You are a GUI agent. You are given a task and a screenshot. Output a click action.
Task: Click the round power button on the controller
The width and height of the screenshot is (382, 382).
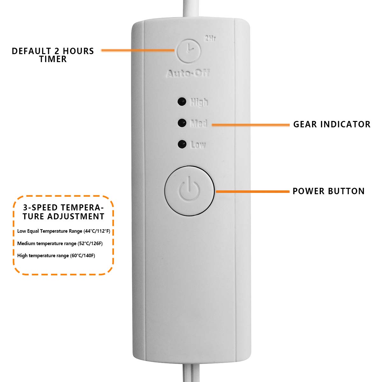click(x=189, y=190)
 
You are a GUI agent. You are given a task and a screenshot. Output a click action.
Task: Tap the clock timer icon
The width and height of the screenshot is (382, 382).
click(x=189, y=50)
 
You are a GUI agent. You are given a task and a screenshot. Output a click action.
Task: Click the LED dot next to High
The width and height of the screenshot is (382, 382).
click(x=182, y=102)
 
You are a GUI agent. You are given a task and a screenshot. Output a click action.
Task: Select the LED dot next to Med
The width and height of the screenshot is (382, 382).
click(x=182, y=123)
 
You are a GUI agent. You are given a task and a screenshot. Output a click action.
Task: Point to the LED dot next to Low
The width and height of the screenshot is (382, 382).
click(x=182, y=144)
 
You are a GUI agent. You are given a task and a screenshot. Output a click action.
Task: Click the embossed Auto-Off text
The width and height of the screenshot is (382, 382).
click(x=188, y=74)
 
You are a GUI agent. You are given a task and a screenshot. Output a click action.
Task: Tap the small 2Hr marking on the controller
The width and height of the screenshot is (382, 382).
click(x=210, y=39)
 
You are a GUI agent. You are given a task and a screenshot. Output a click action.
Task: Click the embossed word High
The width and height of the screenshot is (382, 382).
click(x=199, y=102)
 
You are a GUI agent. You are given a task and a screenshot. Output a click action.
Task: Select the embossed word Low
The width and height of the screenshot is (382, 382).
click(x=198, y=145)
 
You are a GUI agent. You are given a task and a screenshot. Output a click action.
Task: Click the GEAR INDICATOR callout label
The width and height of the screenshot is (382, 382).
click(x=332, y=124)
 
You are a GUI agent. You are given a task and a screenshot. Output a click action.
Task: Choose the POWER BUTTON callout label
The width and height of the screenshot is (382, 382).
click(x=329, y=191)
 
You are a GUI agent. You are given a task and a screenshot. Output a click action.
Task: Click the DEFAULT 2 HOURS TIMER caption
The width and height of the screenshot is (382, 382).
click(x=53, y=55)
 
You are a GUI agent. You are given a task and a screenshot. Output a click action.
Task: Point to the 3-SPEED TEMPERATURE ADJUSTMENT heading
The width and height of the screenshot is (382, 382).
click(x=63, y=212)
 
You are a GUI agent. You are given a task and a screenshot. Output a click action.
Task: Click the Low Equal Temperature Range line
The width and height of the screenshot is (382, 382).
click(x=64, y=231)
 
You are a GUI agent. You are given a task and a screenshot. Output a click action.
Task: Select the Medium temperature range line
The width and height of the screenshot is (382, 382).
click(x=60, y=244)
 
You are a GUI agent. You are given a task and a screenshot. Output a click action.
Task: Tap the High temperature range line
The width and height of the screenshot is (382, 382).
click(x=56, y=256)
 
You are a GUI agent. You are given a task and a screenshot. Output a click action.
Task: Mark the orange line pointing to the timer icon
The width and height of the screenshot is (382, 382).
click(x=138, y=50)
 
